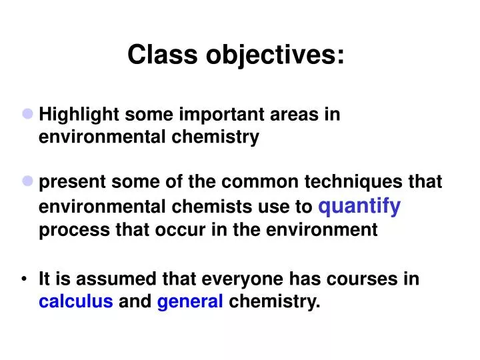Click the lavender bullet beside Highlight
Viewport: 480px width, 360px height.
click(x=28, y=114)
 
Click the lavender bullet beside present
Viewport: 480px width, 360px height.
click(x=28, y=181)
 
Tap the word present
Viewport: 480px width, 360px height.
click(x=74, y=182)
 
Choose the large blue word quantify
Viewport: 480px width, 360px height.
click(x=360, y=207)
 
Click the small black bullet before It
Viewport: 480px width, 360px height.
click(x=25, y=279)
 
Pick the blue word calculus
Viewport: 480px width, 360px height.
click(x=76, y=303)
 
